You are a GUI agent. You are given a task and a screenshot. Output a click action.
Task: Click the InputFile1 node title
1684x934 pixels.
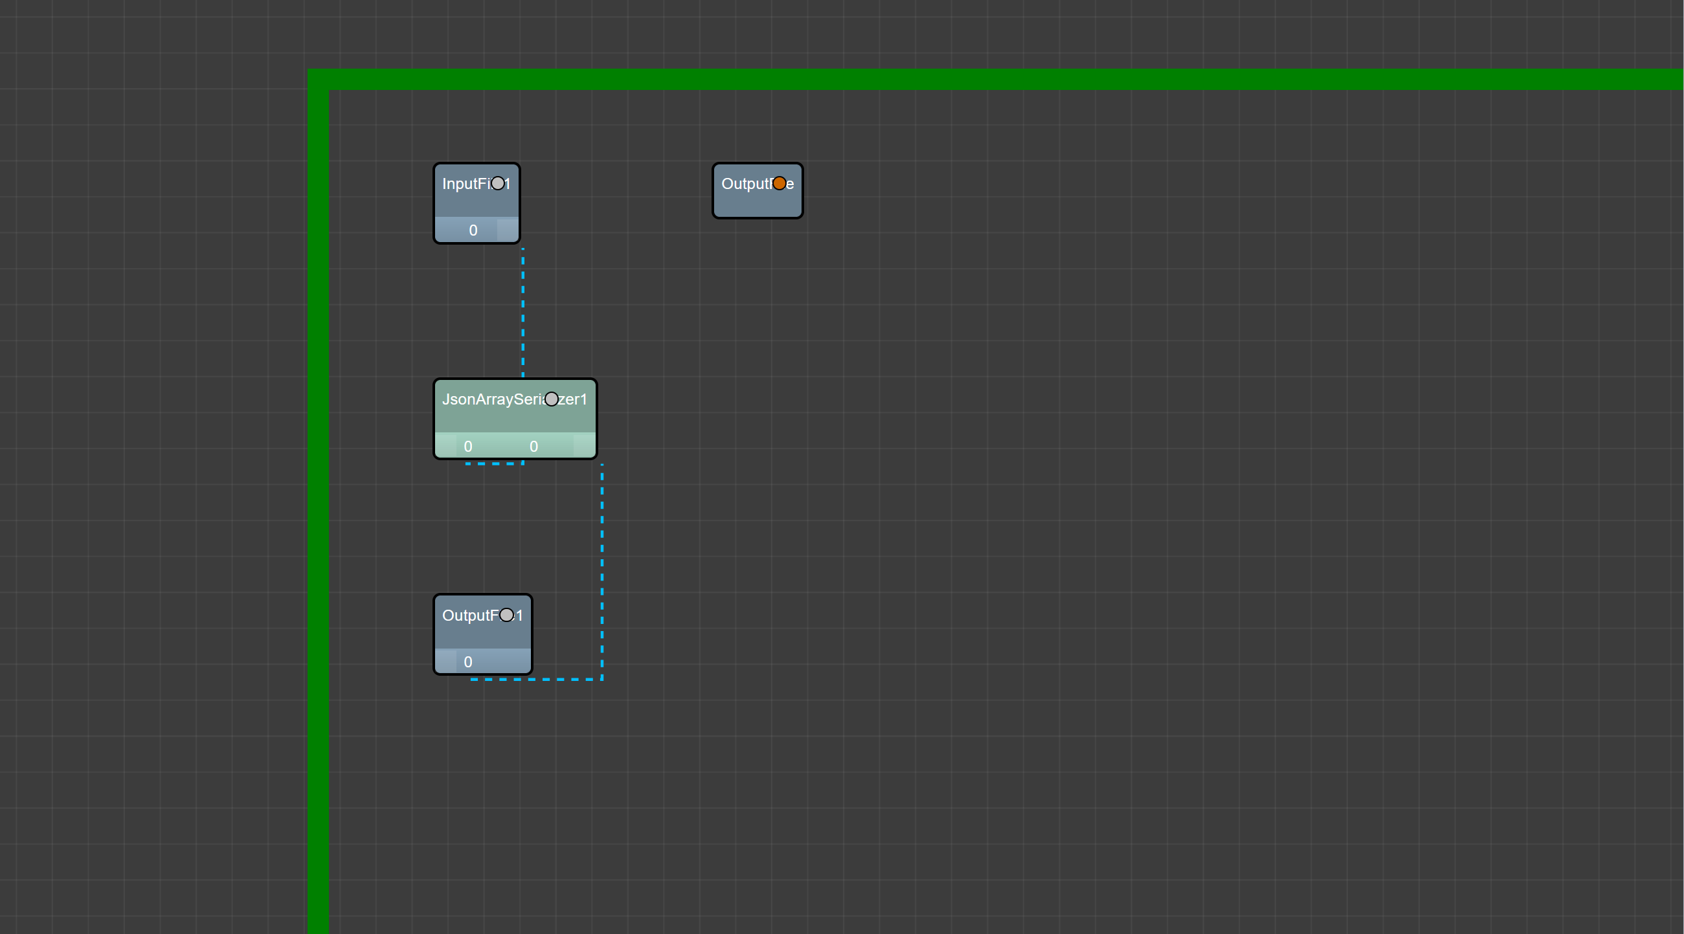[x=464, y=184]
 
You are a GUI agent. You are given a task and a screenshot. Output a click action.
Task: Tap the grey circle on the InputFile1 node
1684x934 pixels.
[x=498, y=184]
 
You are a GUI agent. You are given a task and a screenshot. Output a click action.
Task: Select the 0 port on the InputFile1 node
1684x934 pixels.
[x=473, y=230]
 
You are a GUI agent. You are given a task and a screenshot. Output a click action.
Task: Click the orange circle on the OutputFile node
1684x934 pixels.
[x=780, y=184]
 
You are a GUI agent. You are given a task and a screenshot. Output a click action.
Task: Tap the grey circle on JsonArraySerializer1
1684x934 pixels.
[x=552, y=399]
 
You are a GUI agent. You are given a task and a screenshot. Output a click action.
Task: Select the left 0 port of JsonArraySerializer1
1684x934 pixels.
[x=468, y=447]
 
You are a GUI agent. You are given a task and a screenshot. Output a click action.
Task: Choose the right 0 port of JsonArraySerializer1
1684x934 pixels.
[x=534, y=447]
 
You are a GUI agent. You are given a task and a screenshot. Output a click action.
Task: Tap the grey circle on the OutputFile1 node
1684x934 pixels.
[x=507, y=615]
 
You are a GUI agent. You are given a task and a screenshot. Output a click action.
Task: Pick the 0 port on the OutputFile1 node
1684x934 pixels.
[x=468, y=662]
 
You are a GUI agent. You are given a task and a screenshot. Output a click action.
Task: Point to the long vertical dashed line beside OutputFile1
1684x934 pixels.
[x=602, y=569]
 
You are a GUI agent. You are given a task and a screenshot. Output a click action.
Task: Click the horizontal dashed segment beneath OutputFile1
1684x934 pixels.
[x=536, y=679]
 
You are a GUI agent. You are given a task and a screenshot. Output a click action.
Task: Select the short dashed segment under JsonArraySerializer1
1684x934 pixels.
[x=494, y=463]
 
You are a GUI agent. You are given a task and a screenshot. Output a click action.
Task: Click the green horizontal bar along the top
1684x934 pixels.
[x=981, y=79]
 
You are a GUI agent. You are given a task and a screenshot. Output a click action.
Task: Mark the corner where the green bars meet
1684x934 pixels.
[x=319, y=79]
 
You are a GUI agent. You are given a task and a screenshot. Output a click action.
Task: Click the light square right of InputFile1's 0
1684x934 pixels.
[x=508, y=230]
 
